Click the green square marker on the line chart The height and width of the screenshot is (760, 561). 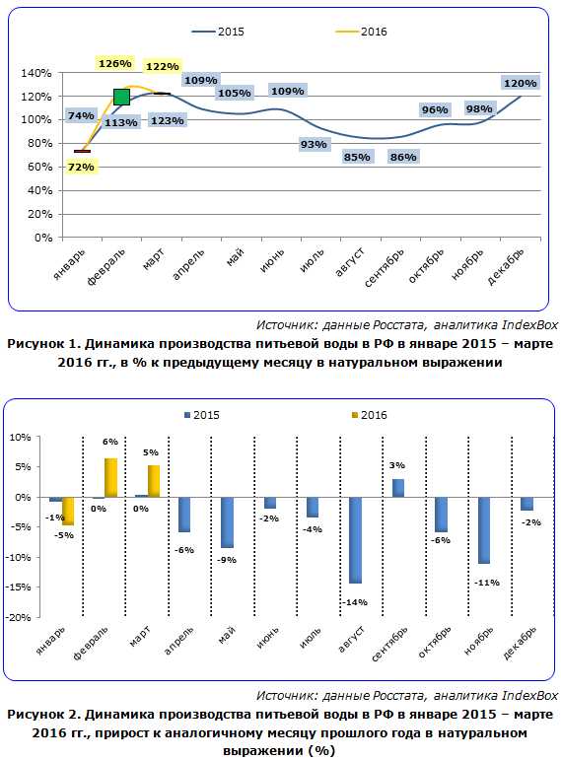(x=121, y=97)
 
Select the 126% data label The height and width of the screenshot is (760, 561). (x=115, y=63)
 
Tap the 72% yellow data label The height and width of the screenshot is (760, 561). (x=81, y=168)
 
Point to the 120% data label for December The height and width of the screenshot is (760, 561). (x=520, y=84)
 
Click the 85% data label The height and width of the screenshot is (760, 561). (x=357, y=157)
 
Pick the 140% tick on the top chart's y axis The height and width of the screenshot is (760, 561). (x=35, y=73)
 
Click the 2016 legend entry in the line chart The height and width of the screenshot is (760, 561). (x=361, y=32)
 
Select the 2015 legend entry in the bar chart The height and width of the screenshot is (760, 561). (x=202, y=415)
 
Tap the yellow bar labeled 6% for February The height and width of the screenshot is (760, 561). (x=110, y=477)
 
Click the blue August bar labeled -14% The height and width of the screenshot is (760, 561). (x=355, y=540)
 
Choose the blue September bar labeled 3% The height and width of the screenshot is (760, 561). (x=397, y=488)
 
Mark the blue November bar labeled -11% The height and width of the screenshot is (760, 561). (x=483, y=530)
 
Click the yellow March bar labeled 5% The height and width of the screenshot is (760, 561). (x=153, y=481)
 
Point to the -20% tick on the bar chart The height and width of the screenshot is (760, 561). (x=19, y=617)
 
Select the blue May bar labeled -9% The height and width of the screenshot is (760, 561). (x=227, y=522)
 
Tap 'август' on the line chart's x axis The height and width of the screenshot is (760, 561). (x=350, y=262)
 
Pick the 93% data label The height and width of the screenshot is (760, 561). (x=314, y=145)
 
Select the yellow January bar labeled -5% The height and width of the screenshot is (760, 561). (x=68, y=512)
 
